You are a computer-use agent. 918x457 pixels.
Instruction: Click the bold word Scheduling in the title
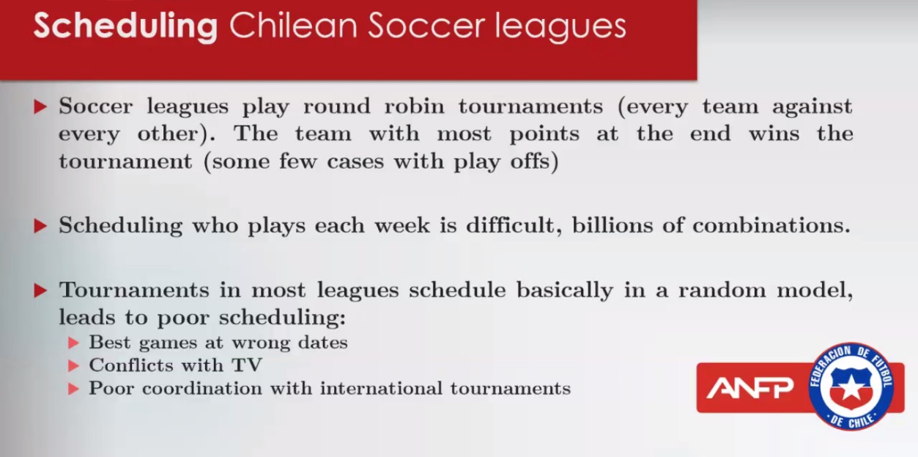[x=125, y=26]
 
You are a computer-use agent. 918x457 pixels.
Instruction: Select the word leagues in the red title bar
[x=560, y=28]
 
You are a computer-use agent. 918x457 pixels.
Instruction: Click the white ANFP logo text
[x=750, y=387]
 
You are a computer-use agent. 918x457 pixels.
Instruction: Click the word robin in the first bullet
[x=415, y=106]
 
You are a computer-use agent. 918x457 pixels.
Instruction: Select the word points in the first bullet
[x=544, y=134]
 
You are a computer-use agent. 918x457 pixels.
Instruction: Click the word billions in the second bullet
[x=612, y=225]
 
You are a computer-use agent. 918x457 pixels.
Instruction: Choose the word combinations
[x=771, y=225]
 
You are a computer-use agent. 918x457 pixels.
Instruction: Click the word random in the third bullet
[x=722, y=290]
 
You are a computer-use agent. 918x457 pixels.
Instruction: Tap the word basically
[x=564, y=291]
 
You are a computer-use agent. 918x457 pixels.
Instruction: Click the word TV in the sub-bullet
[x=247, y=365]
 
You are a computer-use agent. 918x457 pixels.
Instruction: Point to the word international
[x=381, y=388]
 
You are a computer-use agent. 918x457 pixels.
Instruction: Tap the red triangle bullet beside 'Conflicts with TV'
[x=73, y=365]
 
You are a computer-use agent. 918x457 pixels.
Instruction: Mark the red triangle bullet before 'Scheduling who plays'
[x=40, y=226]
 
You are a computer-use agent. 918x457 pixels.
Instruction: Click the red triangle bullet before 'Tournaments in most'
[x=40, y=291]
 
